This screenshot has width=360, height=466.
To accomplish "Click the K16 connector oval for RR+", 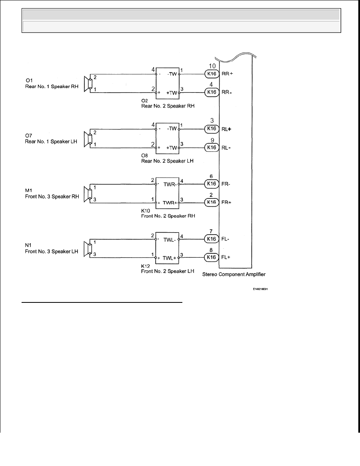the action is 212,74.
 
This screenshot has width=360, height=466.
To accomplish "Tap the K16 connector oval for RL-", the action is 212,147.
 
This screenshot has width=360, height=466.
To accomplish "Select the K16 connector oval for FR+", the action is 212,202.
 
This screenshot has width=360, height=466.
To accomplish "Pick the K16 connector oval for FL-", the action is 212,239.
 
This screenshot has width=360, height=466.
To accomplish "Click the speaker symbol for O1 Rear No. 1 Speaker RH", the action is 87,84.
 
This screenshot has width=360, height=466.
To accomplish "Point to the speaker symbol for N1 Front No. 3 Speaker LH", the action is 87,249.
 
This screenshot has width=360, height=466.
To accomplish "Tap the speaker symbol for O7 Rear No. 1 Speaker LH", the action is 87,139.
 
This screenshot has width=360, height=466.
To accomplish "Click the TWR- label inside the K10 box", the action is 170,185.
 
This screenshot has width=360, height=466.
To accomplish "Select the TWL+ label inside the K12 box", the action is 169,258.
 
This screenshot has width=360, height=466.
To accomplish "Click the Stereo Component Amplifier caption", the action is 234,274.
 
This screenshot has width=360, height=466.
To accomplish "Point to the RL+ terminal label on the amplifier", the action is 226,129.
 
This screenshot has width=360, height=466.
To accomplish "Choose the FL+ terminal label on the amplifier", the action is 226,257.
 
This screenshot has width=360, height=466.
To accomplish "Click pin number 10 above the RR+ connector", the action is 212,66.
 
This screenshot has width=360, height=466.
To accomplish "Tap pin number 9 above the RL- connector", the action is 212,140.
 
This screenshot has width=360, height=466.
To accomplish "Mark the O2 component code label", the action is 144,101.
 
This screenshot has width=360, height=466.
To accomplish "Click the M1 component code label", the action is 29,190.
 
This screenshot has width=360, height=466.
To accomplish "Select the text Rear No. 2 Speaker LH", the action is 167,161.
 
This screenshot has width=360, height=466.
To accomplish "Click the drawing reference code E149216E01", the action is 260,289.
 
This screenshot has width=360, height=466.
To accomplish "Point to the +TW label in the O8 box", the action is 172,148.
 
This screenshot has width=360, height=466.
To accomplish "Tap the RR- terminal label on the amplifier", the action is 227,92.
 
